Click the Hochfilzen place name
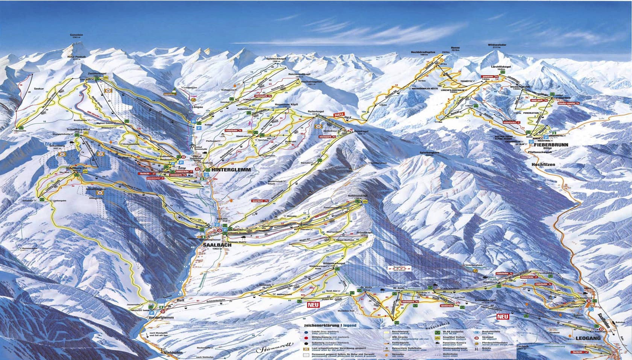tap(544, 165)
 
